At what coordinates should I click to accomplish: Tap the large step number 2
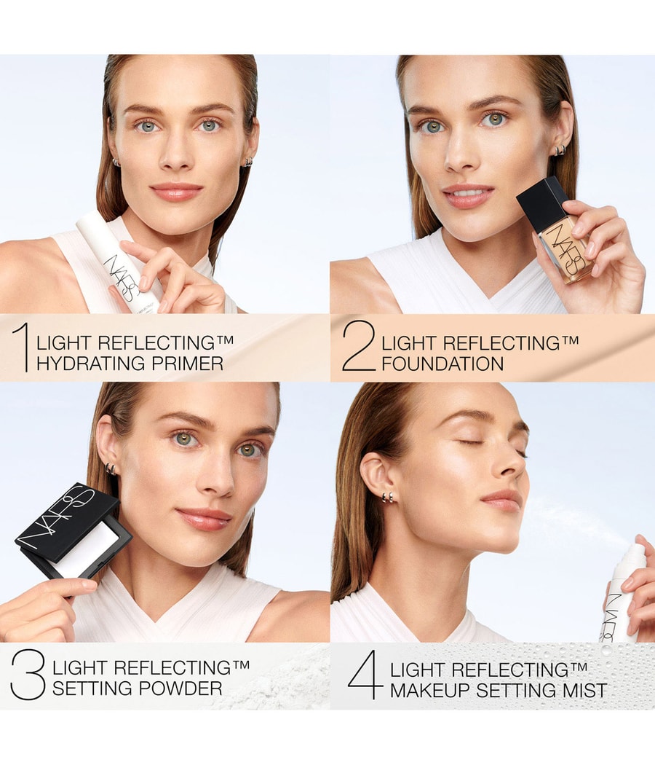(x=359, y=348)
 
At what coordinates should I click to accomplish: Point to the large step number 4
(x=365, y=675)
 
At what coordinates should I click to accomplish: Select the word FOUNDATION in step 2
(x=442, y=364)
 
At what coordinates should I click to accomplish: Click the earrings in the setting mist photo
(x=389, y=498)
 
